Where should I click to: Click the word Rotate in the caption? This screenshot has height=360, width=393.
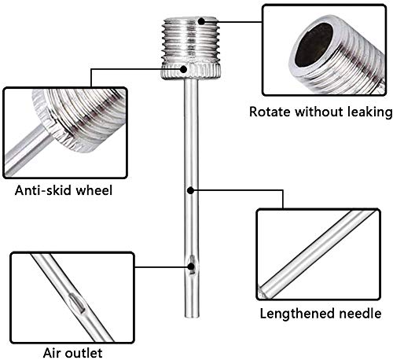click(x=270, y=112)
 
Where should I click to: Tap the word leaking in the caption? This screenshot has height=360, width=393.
click(x=370, y=112)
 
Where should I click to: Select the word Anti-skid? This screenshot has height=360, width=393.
click(x=43, y=190)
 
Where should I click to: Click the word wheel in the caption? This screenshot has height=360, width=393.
click(x=94, y=189)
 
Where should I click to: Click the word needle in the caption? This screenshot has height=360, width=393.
click(x=360, y=314)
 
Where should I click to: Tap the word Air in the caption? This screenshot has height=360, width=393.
click(x=52, y=353)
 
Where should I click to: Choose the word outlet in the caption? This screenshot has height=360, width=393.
click(x=83, y=353)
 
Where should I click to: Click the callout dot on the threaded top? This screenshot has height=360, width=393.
click(x=201, y=21)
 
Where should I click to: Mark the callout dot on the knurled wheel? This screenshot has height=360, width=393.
click(x=184, y=69)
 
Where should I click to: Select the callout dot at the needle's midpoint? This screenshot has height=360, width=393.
click(x=191, y=190)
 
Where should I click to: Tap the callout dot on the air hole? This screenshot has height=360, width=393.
click(x=192, y=266)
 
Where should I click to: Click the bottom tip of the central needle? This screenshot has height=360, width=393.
click(x=192, y=316)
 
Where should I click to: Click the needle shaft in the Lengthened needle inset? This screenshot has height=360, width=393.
click(x=317, y=254)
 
